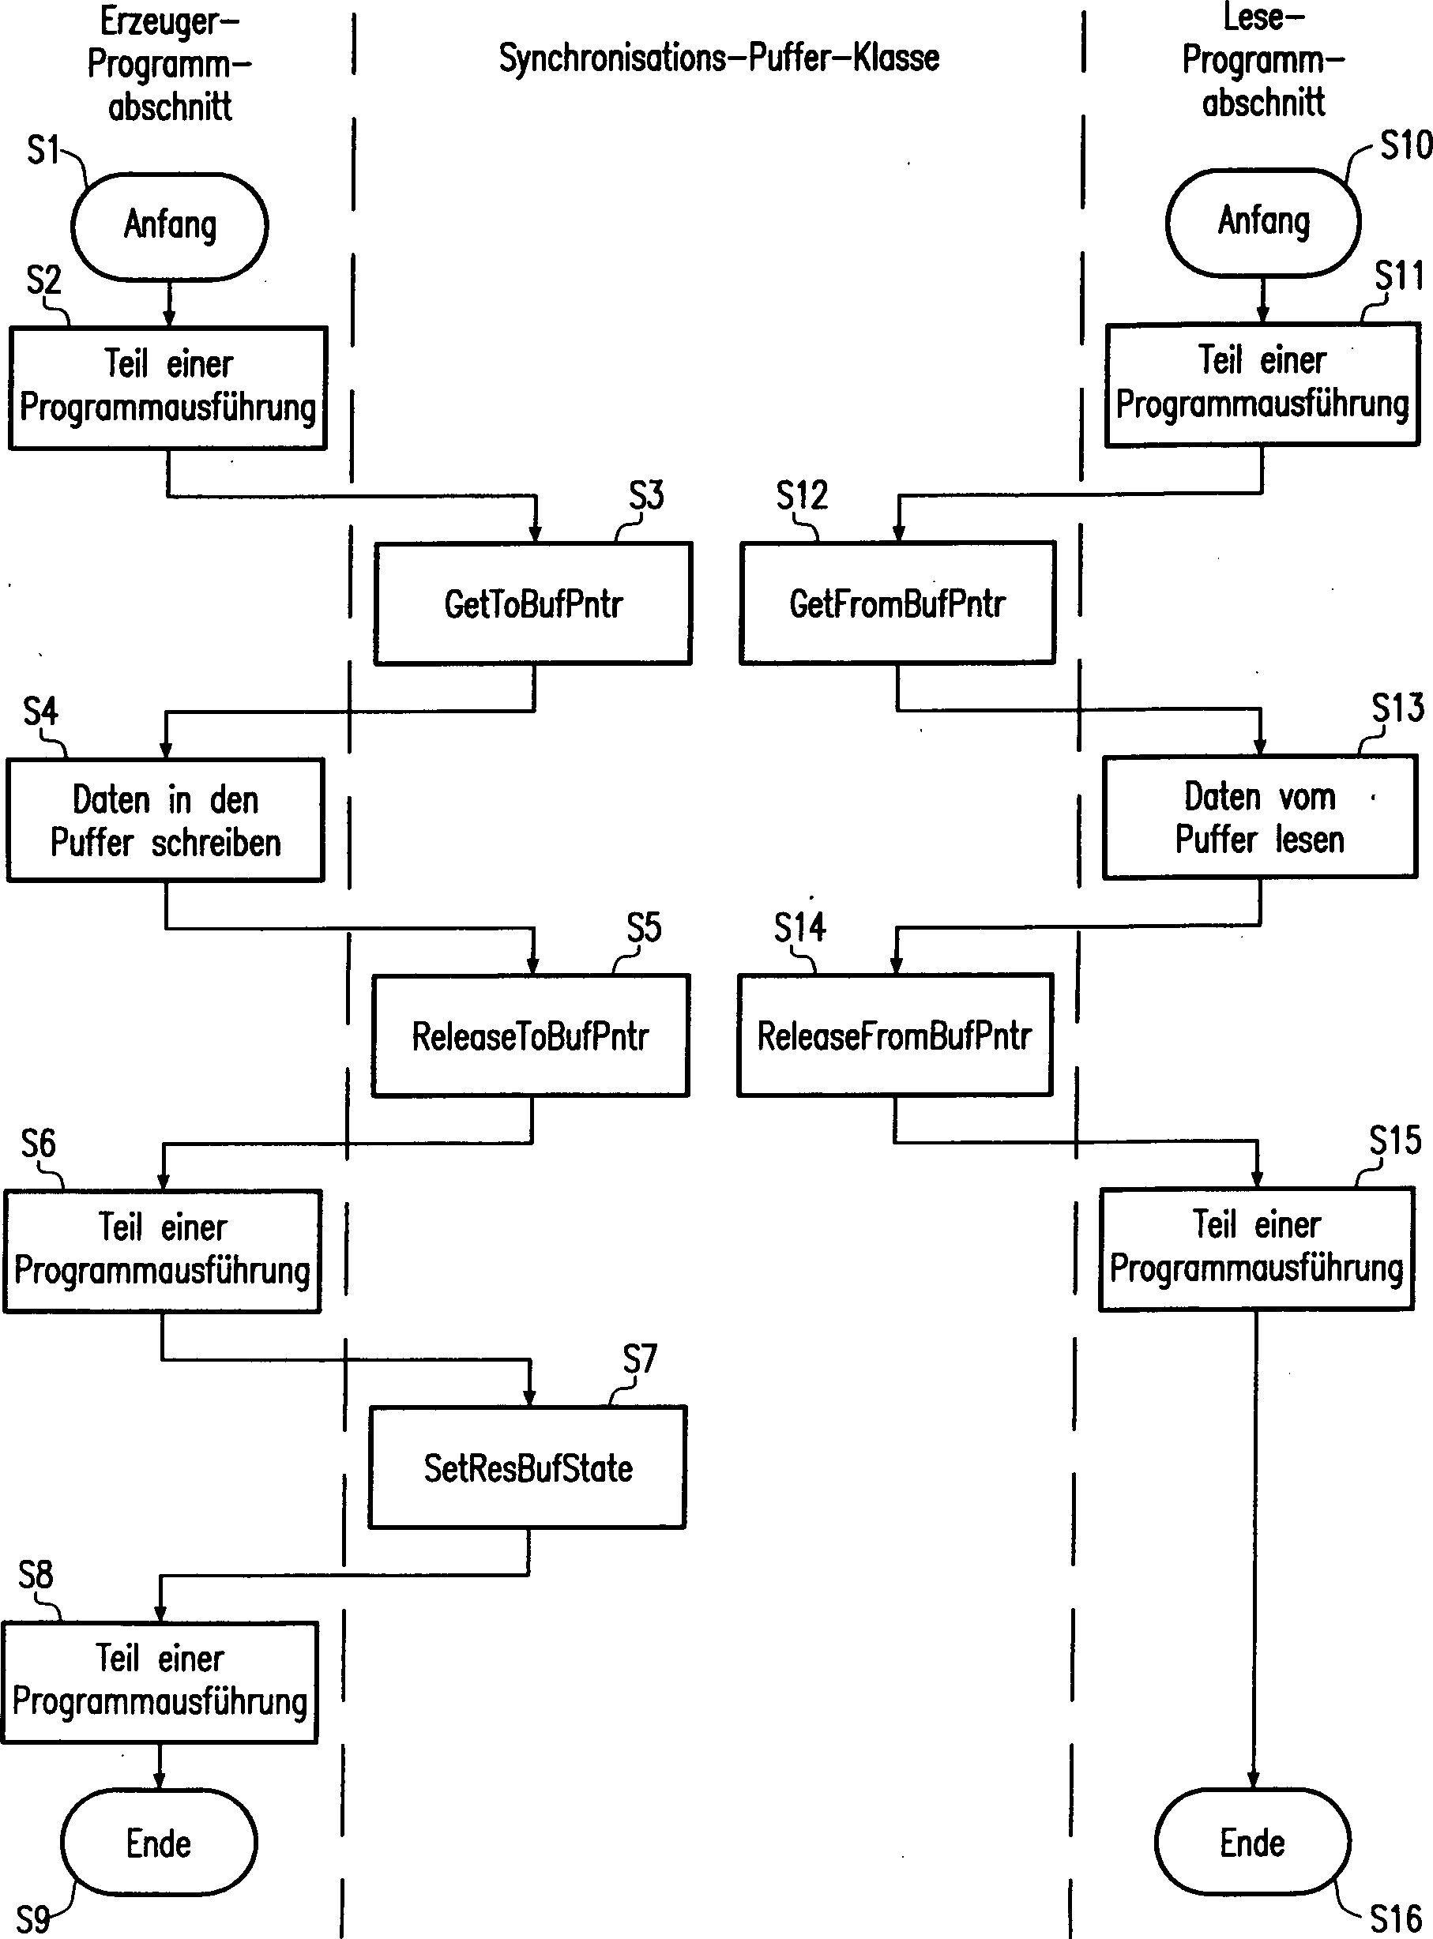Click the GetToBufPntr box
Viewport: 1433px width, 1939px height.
[532, 603]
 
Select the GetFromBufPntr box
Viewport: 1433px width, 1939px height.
[897, 603]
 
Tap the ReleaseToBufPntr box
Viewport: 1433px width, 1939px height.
[531, 1035]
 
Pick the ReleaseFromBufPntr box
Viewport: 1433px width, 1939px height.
[894, 1035]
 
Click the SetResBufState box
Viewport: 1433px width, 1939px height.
[528, 1467]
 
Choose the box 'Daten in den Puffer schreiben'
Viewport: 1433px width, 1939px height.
[165, 821]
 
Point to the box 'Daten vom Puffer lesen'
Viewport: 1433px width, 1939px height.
[1259, 817]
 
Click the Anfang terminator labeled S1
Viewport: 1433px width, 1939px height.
[169, 225]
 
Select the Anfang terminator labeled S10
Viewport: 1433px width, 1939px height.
[1263, 222]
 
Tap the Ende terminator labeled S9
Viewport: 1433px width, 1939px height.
[159, 1843]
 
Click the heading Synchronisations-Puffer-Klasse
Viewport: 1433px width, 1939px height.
[718, 58]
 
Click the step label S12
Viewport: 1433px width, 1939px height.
[802, 495]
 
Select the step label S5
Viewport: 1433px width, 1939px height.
[644, 928]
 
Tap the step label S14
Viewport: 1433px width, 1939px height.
[799, 927]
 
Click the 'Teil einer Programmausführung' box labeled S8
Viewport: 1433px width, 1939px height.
[160, 1682]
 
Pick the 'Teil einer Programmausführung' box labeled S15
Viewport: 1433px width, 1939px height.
[1256, 1249]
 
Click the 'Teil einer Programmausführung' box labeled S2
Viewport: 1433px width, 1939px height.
[167, 388]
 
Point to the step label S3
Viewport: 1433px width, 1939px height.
[646, 495]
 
